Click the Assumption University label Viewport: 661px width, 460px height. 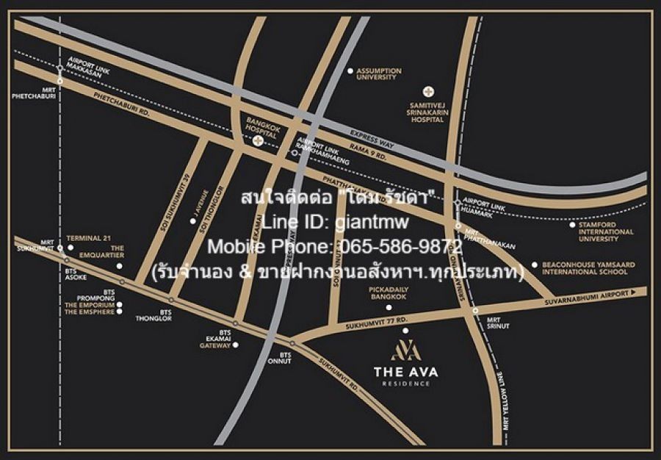pos(379,73)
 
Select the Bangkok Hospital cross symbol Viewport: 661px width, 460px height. pos(258,141)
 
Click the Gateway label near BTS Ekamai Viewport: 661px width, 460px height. pos(220,344)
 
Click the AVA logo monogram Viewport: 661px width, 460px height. pos(405,350)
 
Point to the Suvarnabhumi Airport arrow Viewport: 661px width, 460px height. pos(631,292)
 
